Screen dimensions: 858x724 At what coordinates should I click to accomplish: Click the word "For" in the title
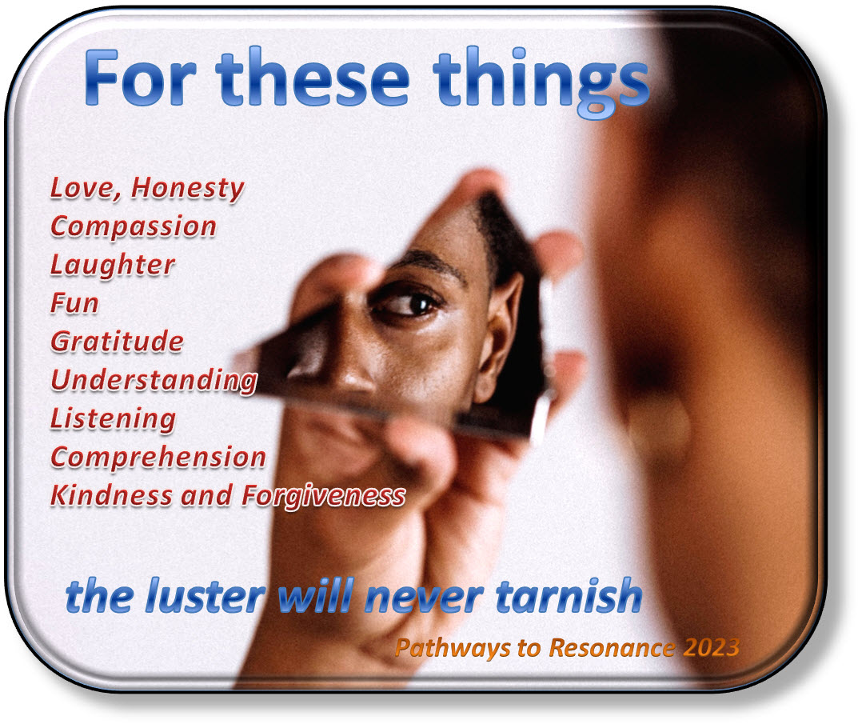coord(139,78)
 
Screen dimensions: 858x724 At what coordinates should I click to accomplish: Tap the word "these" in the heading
coord(313,78)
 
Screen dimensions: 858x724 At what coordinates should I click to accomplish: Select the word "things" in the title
coord(541,82)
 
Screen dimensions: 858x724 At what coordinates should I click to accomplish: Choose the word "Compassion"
coord(134,227)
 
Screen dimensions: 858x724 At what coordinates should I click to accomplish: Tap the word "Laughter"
coord(113,266)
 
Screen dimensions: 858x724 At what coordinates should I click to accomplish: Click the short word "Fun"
coord(74,303)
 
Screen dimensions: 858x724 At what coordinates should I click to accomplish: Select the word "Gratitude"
coord(117,341)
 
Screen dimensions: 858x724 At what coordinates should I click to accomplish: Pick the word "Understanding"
coord(154,381)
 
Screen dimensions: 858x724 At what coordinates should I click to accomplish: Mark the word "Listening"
coord(114,419)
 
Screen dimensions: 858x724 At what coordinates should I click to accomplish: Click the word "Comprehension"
coord(158,458)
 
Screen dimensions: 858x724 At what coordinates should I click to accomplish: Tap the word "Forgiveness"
coord(324,496)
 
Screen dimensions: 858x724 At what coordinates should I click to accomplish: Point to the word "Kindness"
coord(111,495)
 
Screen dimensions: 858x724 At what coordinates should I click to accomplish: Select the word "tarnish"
coord(569,595)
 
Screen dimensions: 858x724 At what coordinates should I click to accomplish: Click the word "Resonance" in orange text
coord(612,647)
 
